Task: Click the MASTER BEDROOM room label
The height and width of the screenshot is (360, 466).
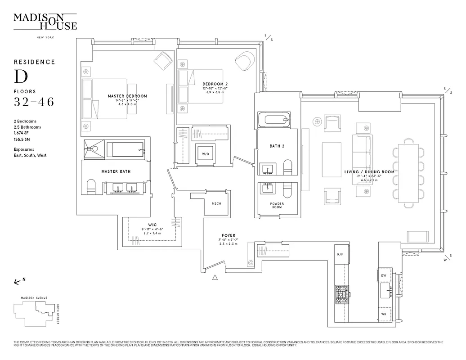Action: pos(127,96)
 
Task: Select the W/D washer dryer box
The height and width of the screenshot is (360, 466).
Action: pos(206,154)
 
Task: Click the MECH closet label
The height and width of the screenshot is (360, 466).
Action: pos(216,203)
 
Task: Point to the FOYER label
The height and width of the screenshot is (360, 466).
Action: pos(228,235)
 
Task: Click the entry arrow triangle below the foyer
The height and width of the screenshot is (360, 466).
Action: pos(215,277)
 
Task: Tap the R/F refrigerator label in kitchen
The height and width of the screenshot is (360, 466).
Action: pos(340,255)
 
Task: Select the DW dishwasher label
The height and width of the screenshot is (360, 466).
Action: pos(384,275)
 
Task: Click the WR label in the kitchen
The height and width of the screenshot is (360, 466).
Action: pos(384,314)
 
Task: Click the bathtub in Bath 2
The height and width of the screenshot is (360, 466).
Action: pos(275,120)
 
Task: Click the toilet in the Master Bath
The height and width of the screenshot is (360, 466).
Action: pos(90,186)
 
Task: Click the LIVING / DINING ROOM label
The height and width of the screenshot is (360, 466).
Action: pos(369,172)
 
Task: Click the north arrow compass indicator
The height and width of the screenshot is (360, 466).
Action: pos(18,281)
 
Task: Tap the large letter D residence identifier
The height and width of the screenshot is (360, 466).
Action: pos(21,77)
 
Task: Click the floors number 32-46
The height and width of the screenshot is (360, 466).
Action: pos(34,102)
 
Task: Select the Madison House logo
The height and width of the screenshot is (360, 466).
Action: pos(45,22)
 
